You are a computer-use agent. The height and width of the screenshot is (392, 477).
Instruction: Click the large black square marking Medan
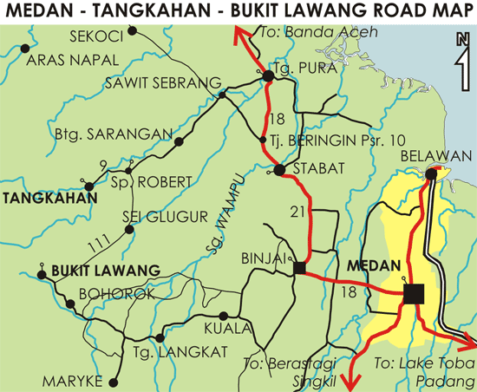point(413,294)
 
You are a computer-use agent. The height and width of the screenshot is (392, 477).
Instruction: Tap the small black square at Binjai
point(299,268)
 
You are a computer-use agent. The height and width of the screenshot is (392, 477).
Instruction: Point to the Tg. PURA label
point(299,68)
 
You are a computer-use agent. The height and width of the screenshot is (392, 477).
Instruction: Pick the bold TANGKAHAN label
point(40,198)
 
